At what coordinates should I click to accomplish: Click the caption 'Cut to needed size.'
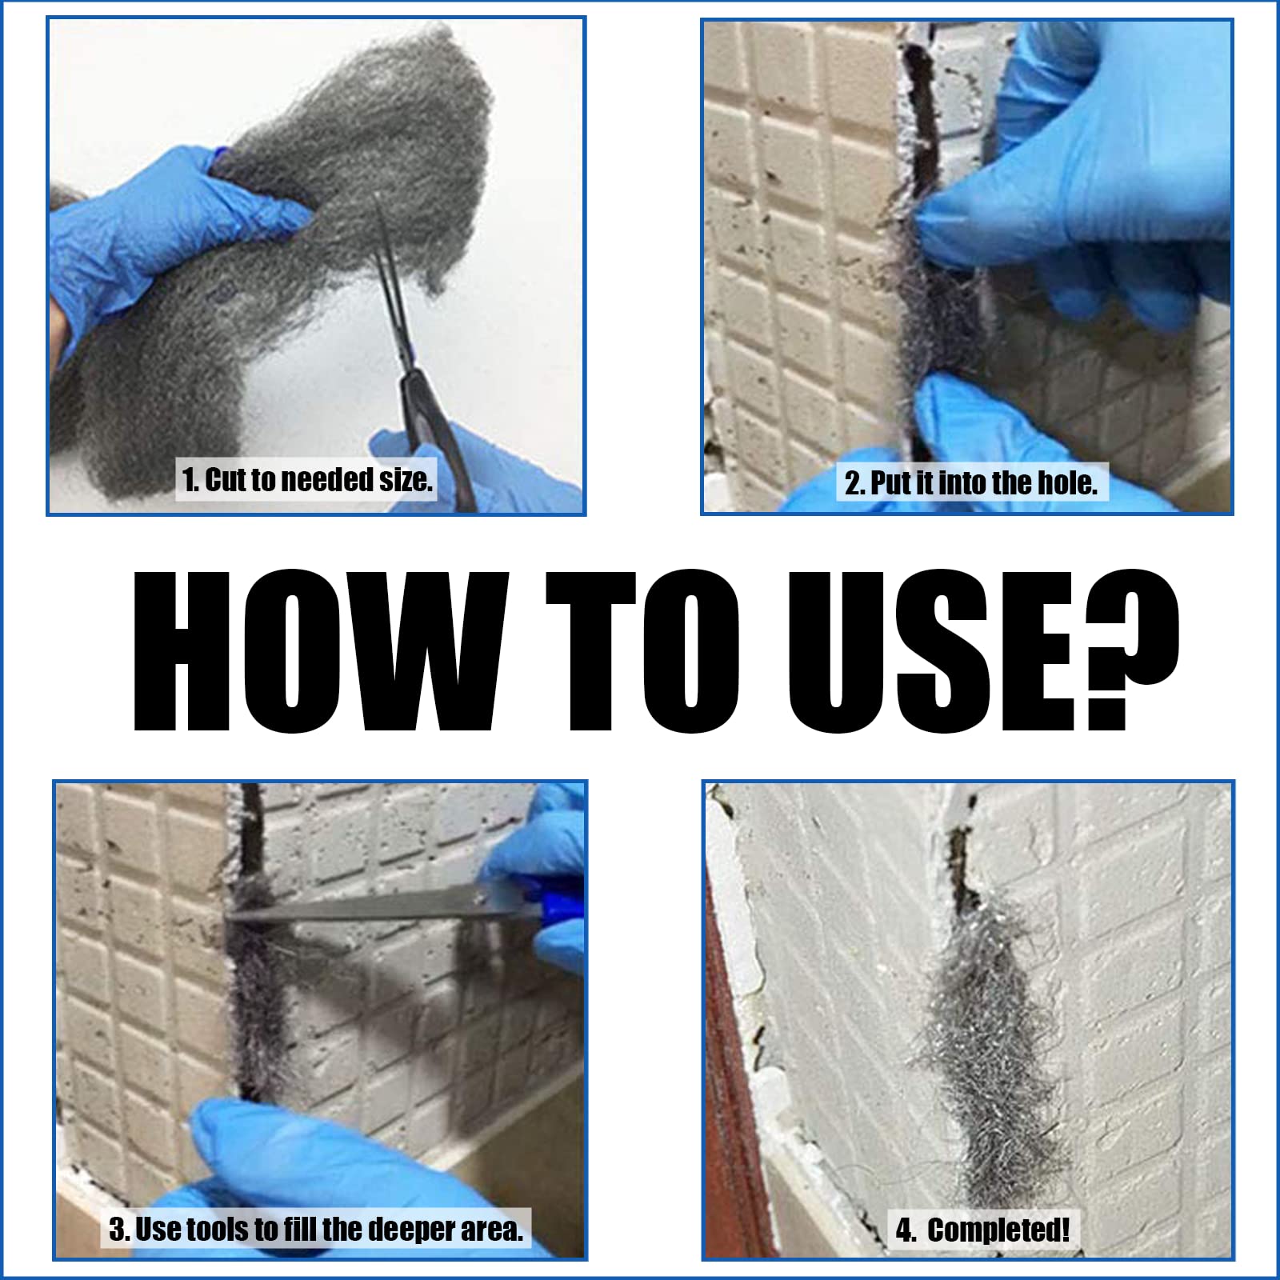[x=307, y=480]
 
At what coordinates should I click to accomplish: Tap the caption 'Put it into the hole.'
[x=971, y=482]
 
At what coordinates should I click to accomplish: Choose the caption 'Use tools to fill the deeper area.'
[x=317, y=1229]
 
